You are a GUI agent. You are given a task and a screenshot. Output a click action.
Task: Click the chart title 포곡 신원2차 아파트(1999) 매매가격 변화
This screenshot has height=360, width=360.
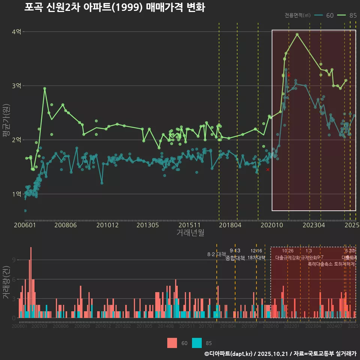click(115, 7)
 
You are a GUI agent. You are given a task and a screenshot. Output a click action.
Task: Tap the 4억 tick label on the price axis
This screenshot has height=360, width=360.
click(16, 32)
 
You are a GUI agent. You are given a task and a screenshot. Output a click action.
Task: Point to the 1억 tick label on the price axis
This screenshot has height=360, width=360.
click(16, 194)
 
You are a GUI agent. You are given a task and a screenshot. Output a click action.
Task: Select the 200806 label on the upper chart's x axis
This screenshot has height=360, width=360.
click(65, 225)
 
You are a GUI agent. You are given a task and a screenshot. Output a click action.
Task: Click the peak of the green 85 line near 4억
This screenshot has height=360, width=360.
click(297, 34)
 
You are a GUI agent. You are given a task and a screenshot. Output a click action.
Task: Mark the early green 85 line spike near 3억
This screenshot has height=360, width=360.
click(45, 88)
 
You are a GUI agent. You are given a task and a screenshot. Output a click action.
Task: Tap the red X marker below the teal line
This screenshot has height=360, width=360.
click(268, 169)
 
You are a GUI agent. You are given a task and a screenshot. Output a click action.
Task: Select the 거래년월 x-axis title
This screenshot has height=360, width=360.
click(190, 233)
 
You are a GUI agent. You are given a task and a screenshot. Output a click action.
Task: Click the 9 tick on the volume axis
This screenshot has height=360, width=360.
click(13, 260)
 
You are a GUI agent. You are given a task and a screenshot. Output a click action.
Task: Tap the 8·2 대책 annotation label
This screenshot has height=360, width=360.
click(214, 254)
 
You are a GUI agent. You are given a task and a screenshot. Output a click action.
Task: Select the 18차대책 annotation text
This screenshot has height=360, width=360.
click(256, 258)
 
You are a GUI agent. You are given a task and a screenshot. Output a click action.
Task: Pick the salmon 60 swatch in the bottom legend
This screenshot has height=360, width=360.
click(172, 343)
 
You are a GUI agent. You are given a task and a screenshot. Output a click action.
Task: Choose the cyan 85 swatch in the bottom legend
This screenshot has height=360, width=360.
click(196, 343)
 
